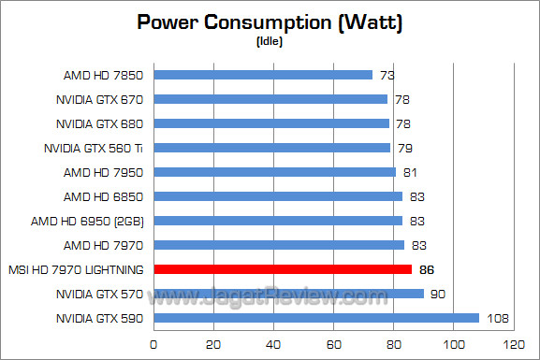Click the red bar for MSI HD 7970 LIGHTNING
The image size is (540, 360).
282,269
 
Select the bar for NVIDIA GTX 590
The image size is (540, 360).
315,318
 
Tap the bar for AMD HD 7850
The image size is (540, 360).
262,75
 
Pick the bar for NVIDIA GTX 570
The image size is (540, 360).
288,294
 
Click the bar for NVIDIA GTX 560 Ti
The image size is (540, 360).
271,148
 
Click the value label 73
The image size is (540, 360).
385,75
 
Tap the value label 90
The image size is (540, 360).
436,294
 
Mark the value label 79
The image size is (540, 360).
402,148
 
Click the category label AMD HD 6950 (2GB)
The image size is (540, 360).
97,221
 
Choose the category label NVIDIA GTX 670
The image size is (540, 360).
101,99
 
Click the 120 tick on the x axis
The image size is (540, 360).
513,343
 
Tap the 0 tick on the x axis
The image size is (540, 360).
153,343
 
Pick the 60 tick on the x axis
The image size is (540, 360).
333,343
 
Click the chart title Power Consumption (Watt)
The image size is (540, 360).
270,22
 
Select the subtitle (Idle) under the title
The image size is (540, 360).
270,41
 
